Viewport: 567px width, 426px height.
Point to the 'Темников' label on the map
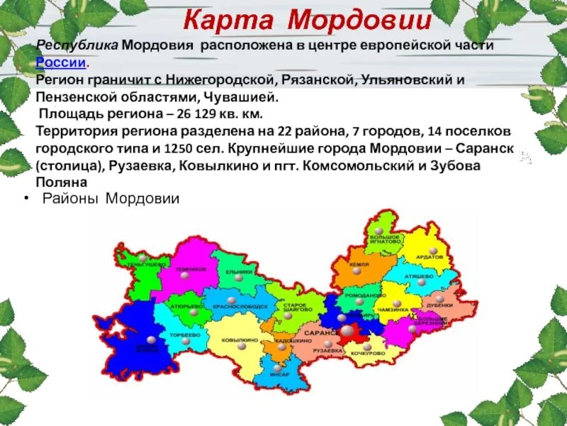192,269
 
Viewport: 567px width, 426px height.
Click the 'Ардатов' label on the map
430,256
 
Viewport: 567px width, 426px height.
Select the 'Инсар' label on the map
280,373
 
